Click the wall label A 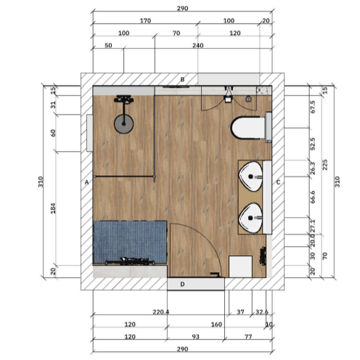click(86, 182)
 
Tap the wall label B click(182, 79)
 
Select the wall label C click(278, 182)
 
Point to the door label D click(182, 284)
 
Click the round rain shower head click(123, 124)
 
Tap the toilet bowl click(247, 128)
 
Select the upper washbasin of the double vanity click(250, 176)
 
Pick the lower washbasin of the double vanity click(250, 218)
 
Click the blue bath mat click(130, 242)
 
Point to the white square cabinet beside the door click(240, 266)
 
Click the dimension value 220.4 click(160, 312)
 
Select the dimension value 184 click(53, 208)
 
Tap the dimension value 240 click(198, 45)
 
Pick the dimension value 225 click(325, 165)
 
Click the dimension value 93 click(195, 337)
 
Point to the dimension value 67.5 click(313, 107)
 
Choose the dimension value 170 click(145, 20)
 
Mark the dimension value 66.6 click(313, 197)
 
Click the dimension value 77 click(248, 337)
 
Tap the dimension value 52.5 click(313, 144)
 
